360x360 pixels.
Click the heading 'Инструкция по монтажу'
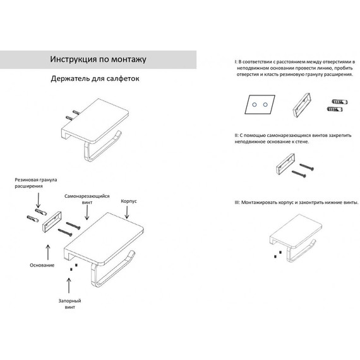point(98,59)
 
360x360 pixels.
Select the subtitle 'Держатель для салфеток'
point(95,78)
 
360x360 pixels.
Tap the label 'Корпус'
point(129,201)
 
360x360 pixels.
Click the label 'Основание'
point(42,265)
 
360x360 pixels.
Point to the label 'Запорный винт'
point(70,304)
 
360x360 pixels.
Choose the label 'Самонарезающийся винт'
point(87,199)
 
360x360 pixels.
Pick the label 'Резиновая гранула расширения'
point(35,183)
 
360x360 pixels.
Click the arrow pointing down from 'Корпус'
point(127,212)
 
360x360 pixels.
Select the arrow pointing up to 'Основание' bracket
point(48,253)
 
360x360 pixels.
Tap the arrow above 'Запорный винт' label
point(69,285)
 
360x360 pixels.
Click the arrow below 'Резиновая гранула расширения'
point(38,200)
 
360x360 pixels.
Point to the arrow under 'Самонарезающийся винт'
point(87,213)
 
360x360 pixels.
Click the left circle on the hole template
point(255,105)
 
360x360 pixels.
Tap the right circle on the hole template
point(265,105)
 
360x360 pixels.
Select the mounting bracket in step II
point(285,164)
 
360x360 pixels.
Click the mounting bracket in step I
point(302,105)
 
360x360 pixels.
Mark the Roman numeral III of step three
point(237,203)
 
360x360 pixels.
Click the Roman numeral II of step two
point(236,135)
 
